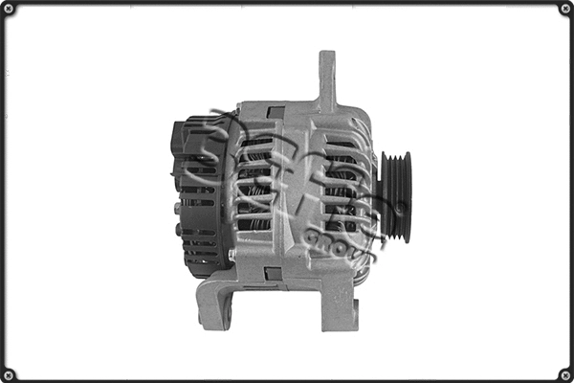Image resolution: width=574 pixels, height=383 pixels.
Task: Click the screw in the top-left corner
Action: pos(10,9)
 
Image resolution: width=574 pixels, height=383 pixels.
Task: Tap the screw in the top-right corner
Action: pos(564,9)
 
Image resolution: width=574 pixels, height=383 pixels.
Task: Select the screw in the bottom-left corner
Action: pos(10,373)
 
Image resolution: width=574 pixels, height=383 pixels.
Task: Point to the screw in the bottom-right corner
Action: pos(564,373)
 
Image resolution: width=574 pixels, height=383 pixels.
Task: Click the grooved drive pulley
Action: pos(395,195)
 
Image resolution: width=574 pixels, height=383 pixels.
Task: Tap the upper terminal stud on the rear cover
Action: pos(177,207)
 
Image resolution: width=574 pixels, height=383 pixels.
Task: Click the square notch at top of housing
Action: pos(276,112)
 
